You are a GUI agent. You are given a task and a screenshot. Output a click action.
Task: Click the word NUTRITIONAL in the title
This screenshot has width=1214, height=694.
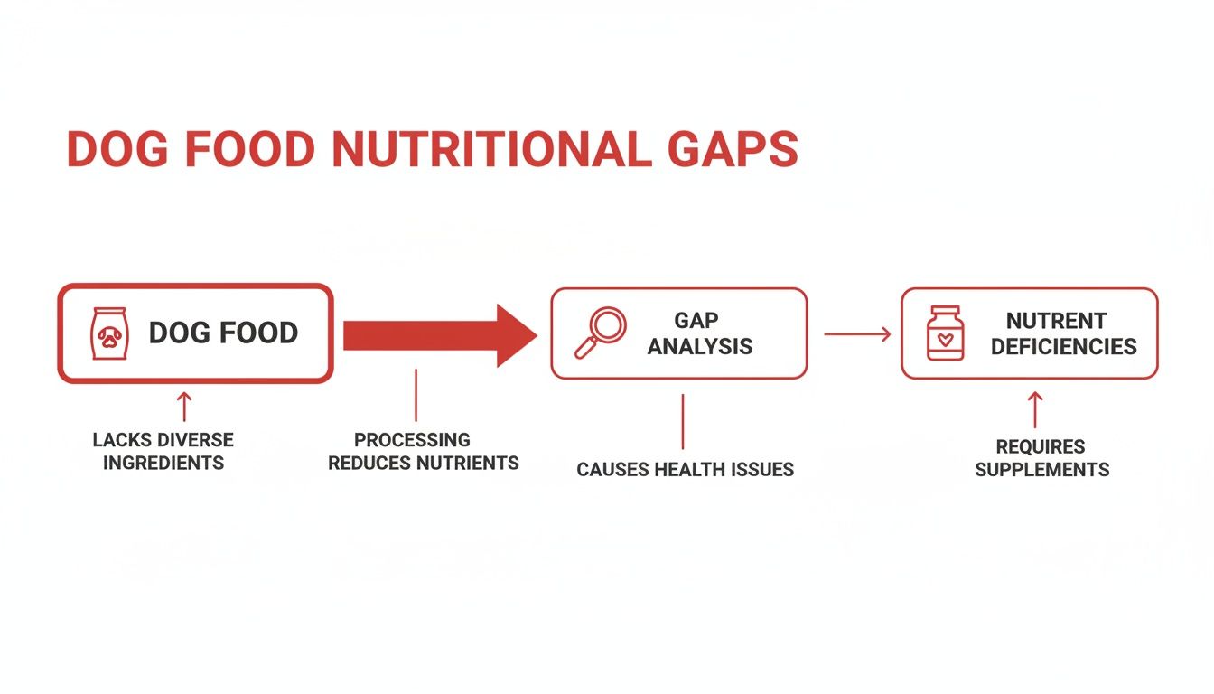pos(491,150)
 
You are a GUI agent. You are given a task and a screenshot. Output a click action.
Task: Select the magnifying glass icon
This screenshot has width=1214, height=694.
pos(600,333)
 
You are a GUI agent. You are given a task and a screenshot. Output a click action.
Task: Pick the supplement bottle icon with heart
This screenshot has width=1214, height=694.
pos(945,333)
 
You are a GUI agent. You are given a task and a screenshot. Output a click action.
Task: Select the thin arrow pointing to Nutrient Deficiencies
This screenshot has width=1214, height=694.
pos(856,334)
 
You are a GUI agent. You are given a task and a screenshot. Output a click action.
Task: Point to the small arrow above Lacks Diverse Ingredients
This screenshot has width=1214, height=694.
pos(184,407)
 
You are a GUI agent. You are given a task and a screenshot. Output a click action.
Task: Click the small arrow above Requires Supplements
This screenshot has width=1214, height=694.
pos(1035,409)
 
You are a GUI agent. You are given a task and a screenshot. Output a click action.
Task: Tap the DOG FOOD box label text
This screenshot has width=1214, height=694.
pos(223,333)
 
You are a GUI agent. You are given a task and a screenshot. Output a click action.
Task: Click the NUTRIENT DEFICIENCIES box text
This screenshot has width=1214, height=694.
pos(1063,333)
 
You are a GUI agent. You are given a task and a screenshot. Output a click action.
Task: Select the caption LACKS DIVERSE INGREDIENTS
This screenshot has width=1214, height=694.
pos(163,451)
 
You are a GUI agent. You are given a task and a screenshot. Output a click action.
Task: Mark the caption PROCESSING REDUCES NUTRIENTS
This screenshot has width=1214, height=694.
pos(423,451)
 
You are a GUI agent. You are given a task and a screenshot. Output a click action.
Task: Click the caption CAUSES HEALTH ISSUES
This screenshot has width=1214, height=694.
pos(685,469)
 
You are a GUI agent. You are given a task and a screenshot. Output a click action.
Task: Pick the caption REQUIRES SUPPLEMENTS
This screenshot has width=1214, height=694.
pos(1041,458)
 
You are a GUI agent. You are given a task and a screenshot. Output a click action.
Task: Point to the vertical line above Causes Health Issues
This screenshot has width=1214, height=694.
pos(683,420)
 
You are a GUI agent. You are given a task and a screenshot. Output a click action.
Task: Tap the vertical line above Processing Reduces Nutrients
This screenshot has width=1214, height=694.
pos(416,395)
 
